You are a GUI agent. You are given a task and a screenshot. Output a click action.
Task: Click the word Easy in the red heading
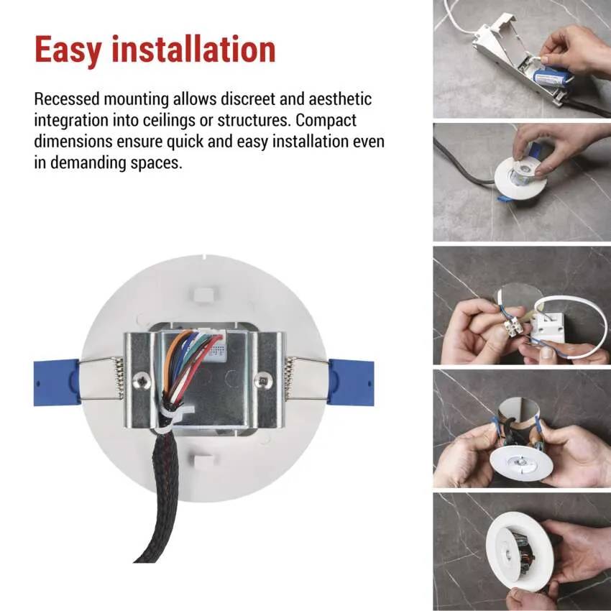(68, 50)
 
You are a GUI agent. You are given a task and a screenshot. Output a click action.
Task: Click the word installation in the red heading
(193, 49)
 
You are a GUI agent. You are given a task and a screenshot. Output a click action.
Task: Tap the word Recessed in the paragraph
(67, 99)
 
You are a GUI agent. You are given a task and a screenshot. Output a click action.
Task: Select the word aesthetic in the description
(340, 99)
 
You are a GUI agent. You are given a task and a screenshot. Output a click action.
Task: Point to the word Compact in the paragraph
(326, 121)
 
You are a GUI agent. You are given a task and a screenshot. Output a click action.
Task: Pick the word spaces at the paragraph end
(156, 163)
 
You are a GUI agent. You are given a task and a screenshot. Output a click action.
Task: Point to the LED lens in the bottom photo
(507, 553)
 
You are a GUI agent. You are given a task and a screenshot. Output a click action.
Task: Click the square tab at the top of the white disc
(204, 295)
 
